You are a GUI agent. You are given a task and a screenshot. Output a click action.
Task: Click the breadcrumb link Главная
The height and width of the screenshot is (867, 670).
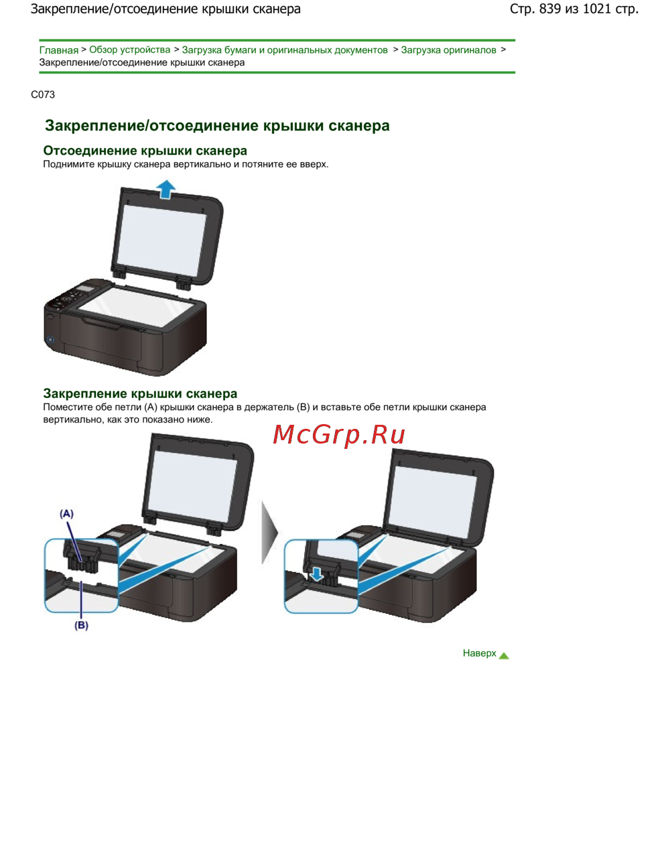[59, 50]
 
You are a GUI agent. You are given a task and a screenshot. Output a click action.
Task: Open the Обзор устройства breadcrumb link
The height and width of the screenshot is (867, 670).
[129, 50]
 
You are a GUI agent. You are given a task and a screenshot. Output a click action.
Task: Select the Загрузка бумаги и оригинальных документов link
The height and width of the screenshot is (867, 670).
[285, 50]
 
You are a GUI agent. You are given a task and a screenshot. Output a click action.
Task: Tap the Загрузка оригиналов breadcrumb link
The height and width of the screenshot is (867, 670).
[448, 50]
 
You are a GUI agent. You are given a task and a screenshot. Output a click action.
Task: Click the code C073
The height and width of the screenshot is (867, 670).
[43, 94]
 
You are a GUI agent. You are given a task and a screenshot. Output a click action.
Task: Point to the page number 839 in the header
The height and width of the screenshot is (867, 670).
[550, 9]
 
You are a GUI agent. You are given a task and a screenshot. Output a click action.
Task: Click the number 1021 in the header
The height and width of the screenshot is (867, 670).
[597, 9]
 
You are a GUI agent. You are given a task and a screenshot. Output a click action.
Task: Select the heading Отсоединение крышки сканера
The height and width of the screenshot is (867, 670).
[145, 150]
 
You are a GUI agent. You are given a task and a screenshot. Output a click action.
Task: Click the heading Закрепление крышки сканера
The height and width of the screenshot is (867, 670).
[140, 393]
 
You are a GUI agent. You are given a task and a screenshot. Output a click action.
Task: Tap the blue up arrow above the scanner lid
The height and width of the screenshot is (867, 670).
[166, 189]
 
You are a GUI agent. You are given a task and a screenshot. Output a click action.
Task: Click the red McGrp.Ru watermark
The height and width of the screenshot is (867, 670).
[339, 434]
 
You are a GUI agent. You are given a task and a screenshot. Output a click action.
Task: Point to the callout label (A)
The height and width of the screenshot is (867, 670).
[66, 513]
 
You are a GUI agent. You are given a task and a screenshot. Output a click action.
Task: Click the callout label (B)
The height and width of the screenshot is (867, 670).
[81, 625]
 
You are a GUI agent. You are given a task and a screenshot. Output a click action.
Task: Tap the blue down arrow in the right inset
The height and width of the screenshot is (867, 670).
[317, 574]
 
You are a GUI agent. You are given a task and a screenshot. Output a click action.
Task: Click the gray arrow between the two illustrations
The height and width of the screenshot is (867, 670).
[269, 532]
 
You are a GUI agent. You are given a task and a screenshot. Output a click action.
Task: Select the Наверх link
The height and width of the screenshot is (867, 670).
[479, 653]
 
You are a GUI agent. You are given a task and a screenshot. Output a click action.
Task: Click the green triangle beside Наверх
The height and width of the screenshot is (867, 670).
[504, 655]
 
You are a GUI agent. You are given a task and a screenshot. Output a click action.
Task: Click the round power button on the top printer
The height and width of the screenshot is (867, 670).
[50, 340]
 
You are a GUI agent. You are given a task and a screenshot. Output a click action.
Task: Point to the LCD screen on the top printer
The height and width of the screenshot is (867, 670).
[85, 289]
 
